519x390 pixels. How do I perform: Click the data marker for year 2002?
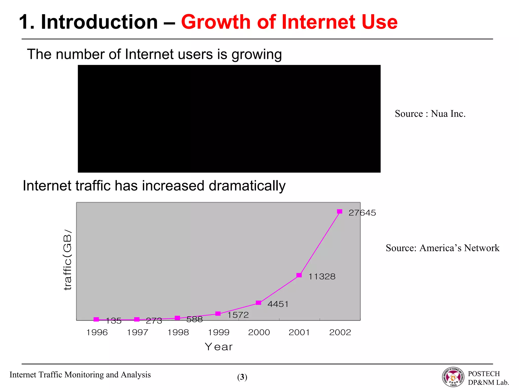click(x=340, y=212)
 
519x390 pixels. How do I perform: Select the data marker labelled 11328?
click(x=299, y=275)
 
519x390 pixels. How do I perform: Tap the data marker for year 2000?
click(x=258, y=303)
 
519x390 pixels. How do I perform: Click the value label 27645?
click(x=362, y=213)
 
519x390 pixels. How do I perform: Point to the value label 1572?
click(x=238, y=315)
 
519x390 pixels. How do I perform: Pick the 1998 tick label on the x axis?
click(x=178, y=332)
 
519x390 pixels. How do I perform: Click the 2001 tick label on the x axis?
click(x=299, y=332)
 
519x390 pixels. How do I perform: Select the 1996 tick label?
click(x=97, y=332)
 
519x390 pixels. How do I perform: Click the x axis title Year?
click(x=218, y=347)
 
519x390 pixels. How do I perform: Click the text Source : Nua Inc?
click(x=430, y=113)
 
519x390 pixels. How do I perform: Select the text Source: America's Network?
click(x=442, y=248)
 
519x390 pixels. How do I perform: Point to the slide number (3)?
click(x=242, y=377)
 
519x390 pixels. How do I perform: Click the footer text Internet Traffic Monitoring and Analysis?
click(x=80, y=375)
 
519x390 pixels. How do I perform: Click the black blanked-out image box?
click(x=229, y=119)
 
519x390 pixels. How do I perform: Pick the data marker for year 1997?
click(x=137, y=319)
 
